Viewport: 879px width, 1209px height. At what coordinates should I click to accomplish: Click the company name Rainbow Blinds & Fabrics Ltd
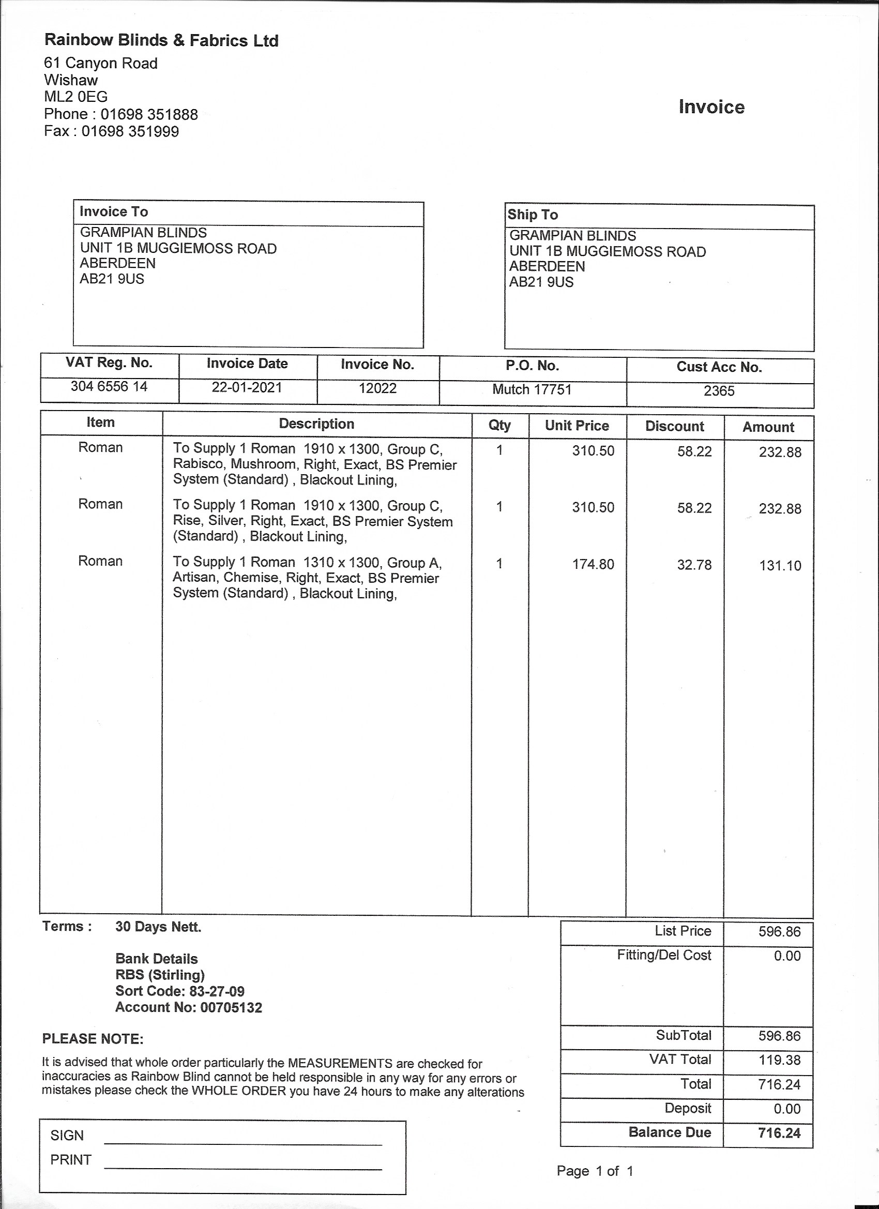pos(161,40)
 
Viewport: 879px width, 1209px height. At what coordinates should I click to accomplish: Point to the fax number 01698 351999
pos(130,131)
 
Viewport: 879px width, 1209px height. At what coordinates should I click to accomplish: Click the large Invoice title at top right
pos(711,107)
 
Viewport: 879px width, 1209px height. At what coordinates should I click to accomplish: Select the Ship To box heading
pos(533,215)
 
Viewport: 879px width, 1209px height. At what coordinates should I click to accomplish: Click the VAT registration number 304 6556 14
pos(109,386)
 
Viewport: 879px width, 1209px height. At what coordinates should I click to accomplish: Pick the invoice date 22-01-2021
pos(247,387)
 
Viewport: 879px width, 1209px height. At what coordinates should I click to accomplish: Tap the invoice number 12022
pos(377,389)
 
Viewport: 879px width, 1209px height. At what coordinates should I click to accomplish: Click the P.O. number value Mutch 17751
pos(532,390)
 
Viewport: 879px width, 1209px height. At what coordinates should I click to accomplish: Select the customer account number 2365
pos(719,391)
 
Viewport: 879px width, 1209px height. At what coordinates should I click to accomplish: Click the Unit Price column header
pos(576,426)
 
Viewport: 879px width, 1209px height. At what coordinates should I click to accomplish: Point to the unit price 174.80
pos(593,565)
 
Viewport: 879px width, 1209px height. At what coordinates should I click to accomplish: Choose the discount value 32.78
pos(694,565)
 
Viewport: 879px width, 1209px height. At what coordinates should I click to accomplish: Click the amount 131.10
pos(780,566)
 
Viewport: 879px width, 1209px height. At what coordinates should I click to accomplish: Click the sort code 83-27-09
pos(217,991)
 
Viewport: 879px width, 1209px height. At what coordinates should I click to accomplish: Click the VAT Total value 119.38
pos(779,1060)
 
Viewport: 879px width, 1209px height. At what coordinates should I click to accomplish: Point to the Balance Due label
pos(670,1133)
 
